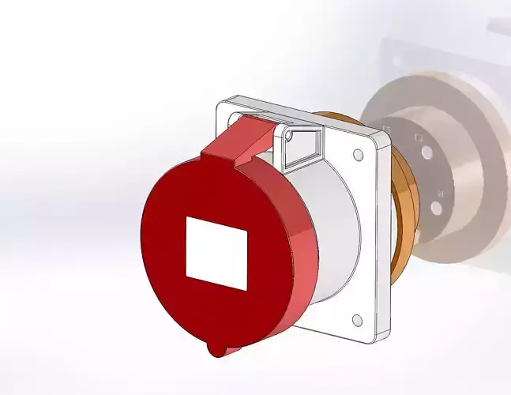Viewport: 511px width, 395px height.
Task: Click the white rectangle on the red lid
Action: point(216,253)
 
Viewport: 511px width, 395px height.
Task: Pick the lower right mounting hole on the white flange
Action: point(356,320)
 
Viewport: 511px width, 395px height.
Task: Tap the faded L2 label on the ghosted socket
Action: point(419,138)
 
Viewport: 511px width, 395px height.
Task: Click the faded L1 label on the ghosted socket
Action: point(441,192)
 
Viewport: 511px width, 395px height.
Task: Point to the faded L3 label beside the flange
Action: point(387,128)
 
